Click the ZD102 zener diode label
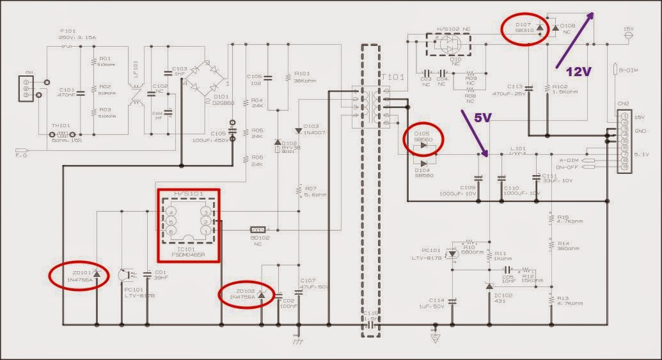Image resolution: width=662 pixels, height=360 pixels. tap(244, 293)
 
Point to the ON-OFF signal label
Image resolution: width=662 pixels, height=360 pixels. tap(569, 168)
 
